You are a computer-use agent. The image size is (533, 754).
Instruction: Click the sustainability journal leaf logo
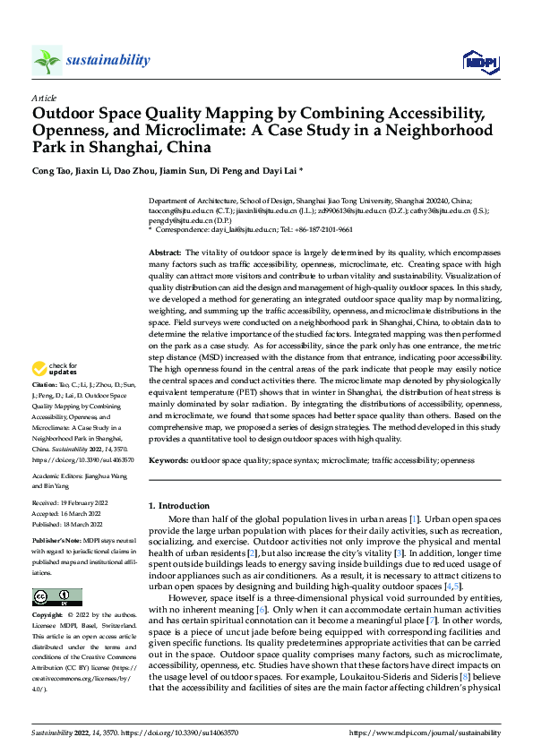(47, 61)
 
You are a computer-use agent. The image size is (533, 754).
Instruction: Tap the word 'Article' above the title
(44, 98)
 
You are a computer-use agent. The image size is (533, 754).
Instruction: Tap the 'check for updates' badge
(53, 369)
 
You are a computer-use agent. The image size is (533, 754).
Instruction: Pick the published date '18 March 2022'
(82, 524)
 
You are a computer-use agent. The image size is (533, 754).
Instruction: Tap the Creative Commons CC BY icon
(57, 596)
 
